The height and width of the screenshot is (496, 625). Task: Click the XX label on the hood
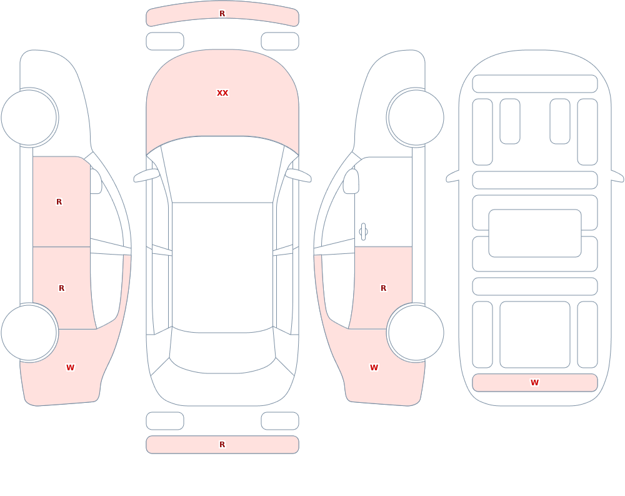[222, 93]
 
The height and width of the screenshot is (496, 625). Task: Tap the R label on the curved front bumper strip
[222, 14]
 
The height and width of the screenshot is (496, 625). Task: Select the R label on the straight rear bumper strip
[222, 445]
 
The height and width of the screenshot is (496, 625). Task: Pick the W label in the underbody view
[534, 383]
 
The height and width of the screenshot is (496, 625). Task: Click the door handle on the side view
[363, 232]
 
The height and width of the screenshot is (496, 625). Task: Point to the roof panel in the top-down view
[222, 267]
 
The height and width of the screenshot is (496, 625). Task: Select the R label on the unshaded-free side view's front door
[59, 202]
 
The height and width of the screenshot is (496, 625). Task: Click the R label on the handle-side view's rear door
[384, 288]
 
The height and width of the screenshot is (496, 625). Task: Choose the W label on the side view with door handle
[374, 368]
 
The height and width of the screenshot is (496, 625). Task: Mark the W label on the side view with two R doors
[70, 368]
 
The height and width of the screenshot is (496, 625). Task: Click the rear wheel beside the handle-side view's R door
[416, 332]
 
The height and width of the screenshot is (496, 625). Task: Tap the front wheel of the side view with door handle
[416, 118]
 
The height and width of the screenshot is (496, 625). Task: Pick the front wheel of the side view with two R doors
[29, 118]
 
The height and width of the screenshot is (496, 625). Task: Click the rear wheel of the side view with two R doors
[29, 332]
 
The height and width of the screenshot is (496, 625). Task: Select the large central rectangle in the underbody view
[535, 233]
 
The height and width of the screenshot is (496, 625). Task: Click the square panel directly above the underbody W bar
[535, 335]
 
